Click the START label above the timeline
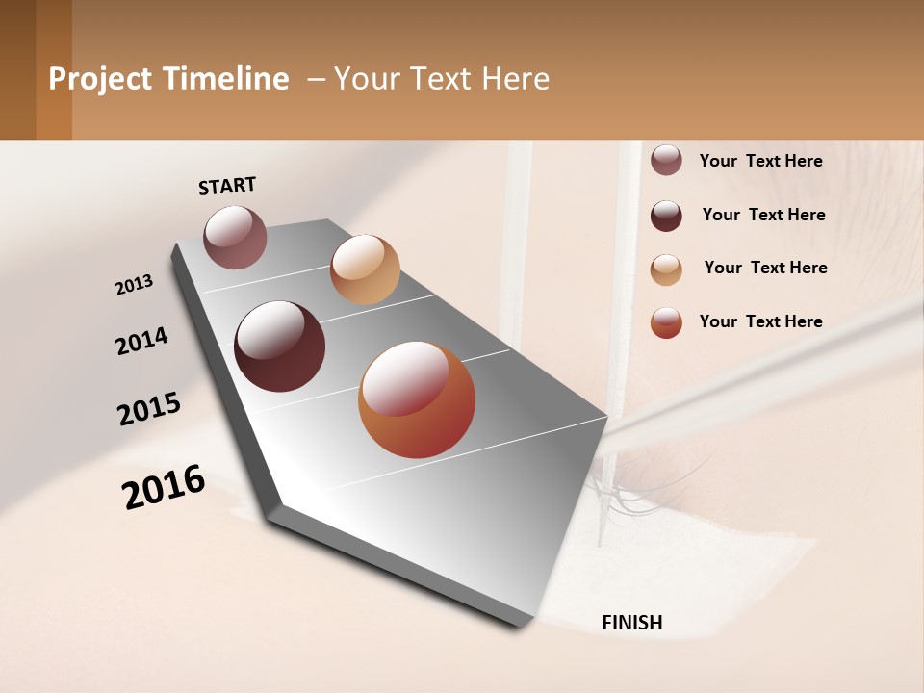pyautogui.click(x=227, y=186)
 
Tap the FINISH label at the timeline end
pyautogui.click(x=631, y=623)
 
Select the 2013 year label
pyautogui.click(x=134, y=285)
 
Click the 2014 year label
pyautogui.click(x=141, y=341)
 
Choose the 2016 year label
pyautogui.click(x=164, y=487)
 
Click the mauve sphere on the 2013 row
pyautogui.click(x=235, y=237)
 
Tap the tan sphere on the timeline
pyautogui.click(x=365, y=269)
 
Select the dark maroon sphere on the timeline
pyautogui.click(x=280, y=346)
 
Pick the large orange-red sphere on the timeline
pyautogui.click(x=417, y=399)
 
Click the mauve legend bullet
pyautogui.click(x=666, y=161)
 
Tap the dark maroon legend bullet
pyautogui.click(x=666, y=216)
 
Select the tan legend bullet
pyautogui.click(x=666, y=269)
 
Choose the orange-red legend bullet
pyautogui.click(x=666, y=322)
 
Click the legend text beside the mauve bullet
pyautogui.click(x=760, y=161)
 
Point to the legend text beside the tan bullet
pyautogui.click(x=765, y=268)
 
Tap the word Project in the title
pyautogui.click(x=100, y=79)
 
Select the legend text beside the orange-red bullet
pyautogui.click(x=760, y=321)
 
